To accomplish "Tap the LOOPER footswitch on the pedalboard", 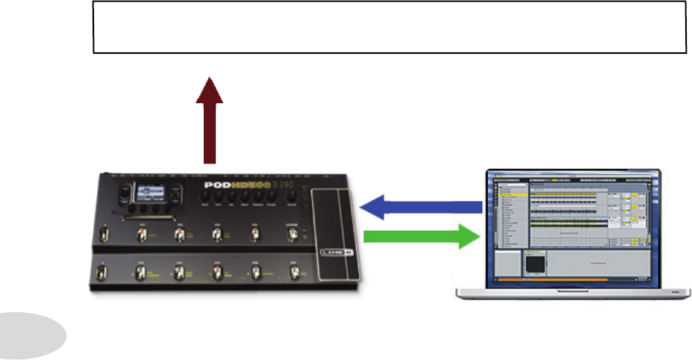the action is pos(293,236).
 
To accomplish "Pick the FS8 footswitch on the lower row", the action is pos(255,273).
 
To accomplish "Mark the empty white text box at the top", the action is pos(389,26).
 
